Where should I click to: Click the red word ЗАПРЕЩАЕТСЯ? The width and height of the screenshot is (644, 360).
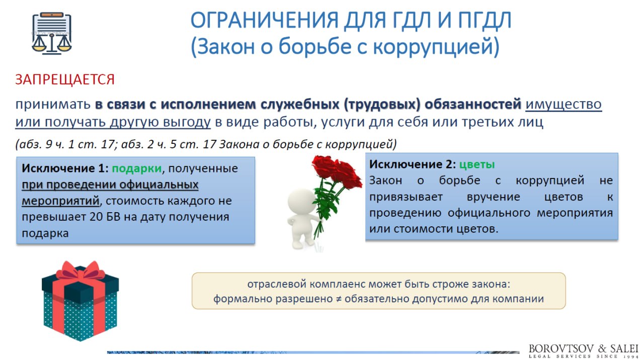(65, 79)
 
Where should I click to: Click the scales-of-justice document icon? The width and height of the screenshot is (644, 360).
(52, 33)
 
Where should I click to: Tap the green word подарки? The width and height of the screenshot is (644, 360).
(137, 168)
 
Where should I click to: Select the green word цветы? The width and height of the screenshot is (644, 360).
(477, 164)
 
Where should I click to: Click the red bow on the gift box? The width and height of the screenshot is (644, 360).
(80, 271)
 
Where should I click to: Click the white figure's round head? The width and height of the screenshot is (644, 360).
(302, 202)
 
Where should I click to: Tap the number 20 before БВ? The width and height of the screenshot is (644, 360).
(96, 217)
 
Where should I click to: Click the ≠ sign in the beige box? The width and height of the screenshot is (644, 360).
(339, 299)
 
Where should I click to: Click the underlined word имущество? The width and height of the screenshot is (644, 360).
(563, 104)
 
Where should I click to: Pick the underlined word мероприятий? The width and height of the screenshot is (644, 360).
(61, 201)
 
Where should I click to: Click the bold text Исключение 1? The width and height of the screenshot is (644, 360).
(65, 168)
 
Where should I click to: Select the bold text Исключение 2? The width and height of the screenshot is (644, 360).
(413, 164)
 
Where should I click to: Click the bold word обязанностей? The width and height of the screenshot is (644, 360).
(473, 104)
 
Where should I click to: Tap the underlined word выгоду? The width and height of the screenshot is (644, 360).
(187, 122)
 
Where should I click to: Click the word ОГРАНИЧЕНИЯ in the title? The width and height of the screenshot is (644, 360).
(265, 21)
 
